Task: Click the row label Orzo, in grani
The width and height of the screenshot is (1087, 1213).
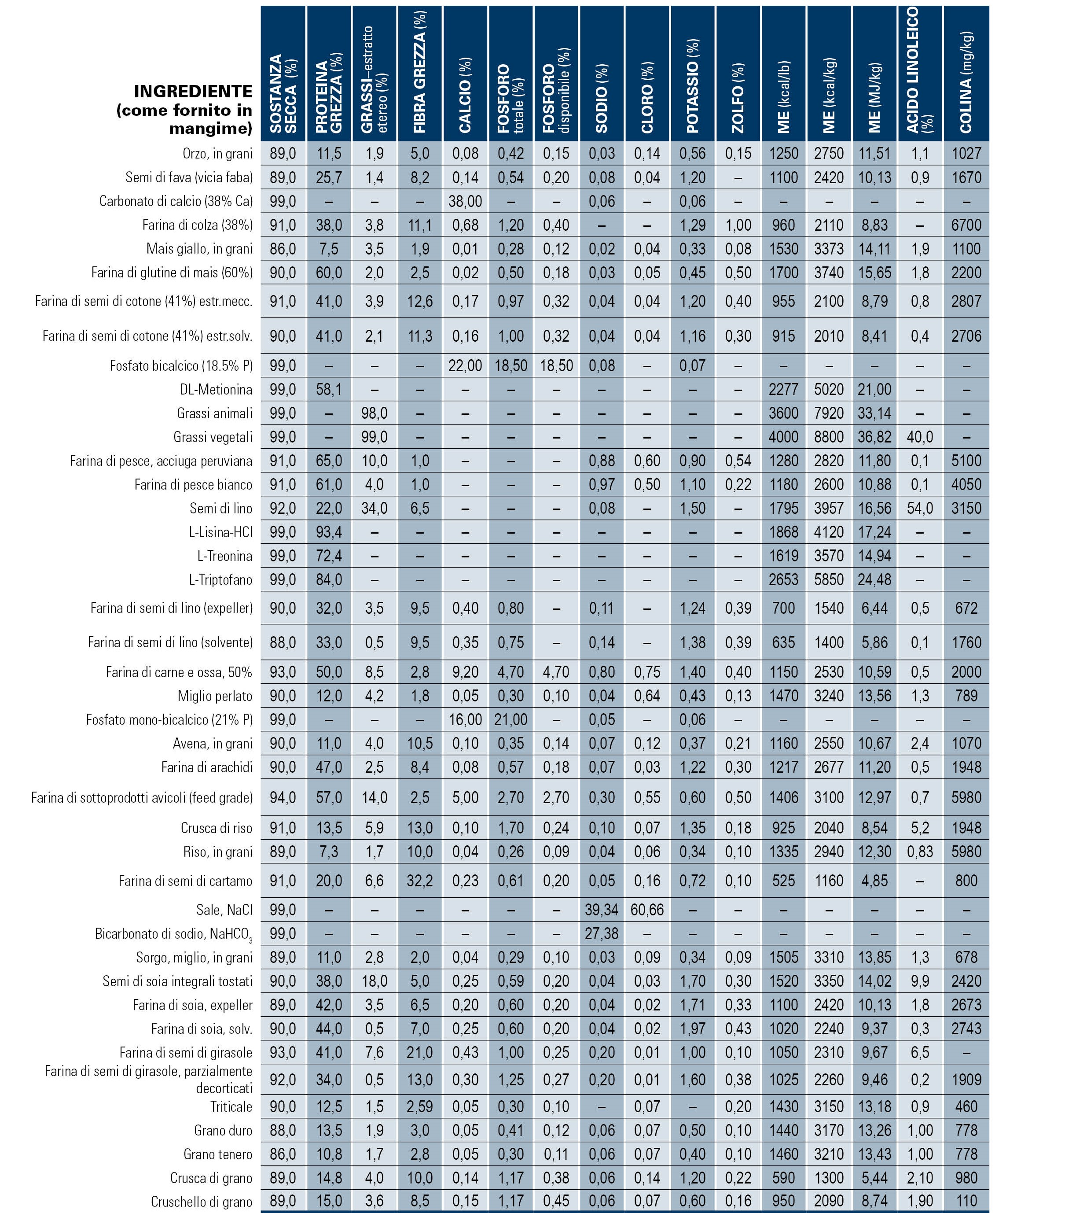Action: point(217,154)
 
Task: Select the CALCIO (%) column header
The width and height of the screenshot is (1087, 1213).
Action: point(465,95)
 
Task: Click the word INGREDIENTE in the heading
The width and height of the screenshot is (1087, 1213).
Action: point(193,92)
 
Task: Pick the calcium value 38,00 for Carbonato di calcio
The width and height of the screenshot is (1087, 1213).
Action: point(465,201)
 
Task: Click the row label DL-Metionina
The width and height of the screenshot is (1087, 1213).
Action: point(216,390)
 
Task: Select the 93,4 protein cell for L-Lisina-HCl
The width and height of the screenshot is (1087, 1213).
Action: point(329,532)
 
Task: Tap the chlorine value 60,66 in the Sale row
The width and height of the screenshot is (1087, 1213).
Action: point(647,910)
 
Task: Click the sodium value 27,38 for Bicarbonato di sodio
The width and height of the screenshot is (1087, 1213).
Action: point(602,933)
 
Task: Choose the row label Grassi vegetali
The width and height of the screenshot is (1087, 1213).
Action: point(213,437)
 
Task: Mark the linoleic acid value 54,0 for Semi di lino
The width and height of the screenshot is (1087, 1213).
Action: point(920,509)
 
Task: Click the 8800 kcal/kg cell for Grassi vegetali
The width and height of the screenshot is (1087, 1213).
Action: point(829,437)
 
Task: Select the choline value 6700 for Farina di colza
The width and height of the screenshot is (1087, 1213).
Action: point(966,225)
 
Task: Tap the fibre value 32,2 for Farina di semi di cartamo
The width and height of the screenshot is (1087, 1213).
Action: point(420,881)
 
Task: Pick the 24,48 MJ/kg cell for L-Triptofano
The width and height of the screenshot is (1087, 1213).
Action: point(874,579)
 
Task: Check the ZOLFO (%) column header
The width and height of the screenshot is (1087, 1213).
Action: point(738,98)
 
